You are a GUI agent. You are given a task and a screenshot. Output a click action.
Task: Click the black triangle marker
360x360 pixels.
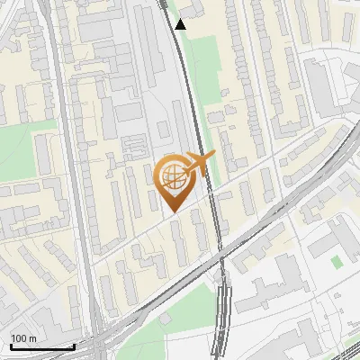[x=181, y=24]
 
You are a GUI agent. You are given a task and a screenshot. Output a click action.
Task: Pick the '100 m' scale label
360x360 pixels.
[x=23, y=338]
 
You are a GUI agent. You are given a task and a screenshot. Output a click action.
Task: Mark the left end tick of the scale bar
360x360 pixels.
[x=11, y=345]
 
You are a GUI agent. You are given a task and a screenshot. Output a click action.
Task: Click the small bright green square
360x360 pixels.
[x=337, y=261]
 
